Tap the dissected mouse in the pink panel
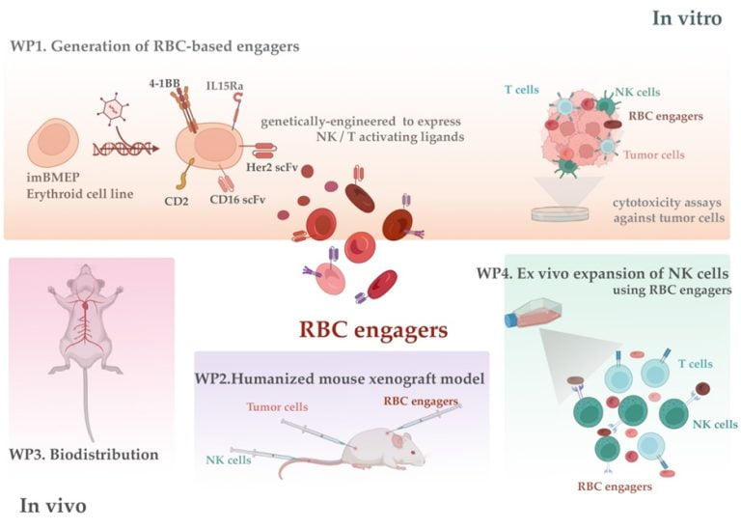click(87, 348)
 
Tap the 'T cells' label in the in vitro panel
click(522, 89)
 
